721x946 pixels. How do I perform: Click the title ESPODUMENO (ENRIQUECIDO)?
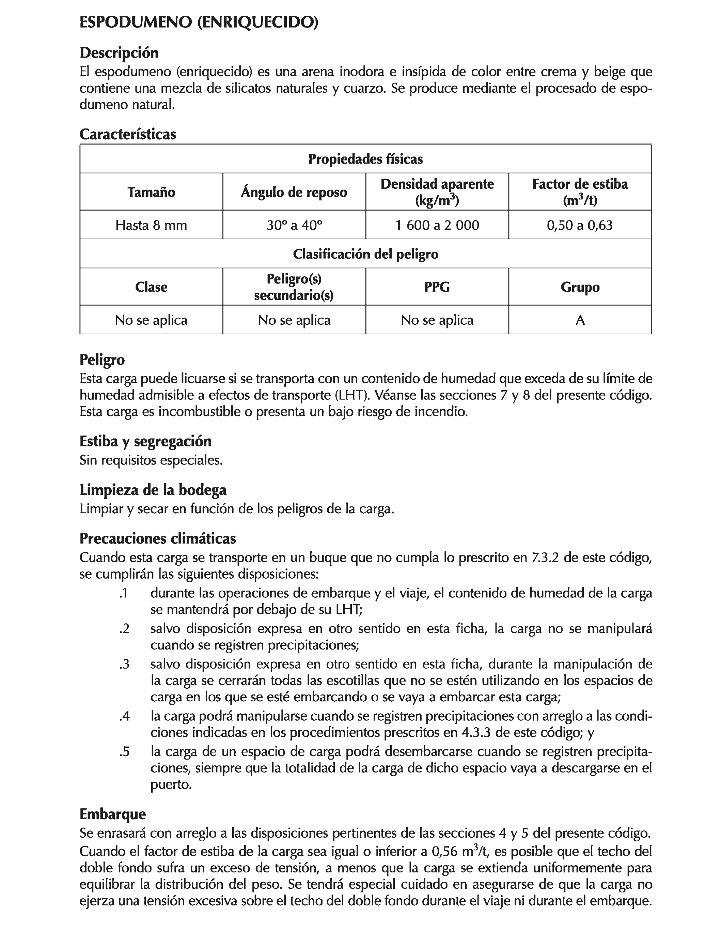(199, 22)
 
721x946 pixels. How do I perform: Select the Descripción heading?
(119, 53)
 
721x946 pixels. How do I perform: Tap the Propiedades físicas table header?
(365, 159)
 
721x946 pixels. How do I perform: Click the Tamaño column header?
(151, 192)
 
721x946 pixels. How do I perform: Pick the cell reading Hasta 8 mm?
(151, 225)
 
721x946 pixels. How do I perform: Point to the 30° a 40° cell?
(294, 225)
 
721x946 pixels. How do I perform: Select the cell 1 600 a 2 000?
(437, 225)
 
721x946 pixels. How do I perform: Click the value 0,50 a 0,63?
(579, 225)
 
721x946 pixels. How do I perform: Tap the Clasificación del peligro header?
(365, 254)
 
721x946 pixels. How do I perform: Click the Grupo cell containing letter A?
(580, 320)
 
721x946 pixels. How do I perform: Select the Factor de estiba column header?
(580, 192)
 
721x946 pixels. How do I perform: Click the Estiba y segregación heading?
(145, 441)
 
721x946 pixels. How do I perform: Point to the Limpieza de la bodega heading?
(153, 490)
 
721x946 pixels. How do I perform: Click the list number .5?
(124, 752)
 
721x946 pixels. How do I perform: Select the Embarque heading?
(112, 814)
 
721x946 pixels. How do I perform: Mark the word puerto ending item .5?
(170, 785)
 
